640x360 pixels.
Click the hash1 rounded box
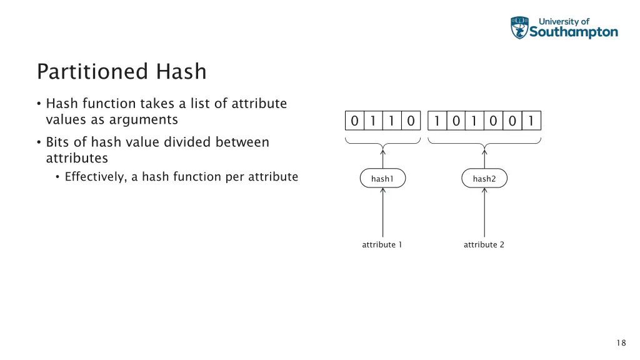pos(382,179)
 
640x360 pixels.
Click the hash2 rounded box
pos(484,179)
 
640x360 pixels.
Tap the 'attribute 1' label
pos(382,244)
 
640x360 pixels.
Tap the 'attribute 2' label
pos(484,244)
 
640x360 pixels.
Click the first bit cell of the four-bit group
pos(354,121)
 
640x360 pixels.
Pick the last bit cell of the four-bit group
pos(411,121)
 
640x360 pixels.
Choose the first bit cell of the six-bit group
pos(437,121)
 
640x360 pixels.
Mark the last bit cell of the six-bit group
pos(531,121)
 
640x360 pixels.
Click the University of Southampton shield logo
pos(519,28)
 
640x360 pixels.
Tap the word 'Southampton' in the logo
pos(574,32)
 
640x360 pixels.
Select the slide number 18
pos(621,342)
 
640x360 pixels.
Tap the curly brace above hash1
pos(382,142)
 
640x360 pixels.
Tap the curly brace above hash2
pos(484,142)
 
